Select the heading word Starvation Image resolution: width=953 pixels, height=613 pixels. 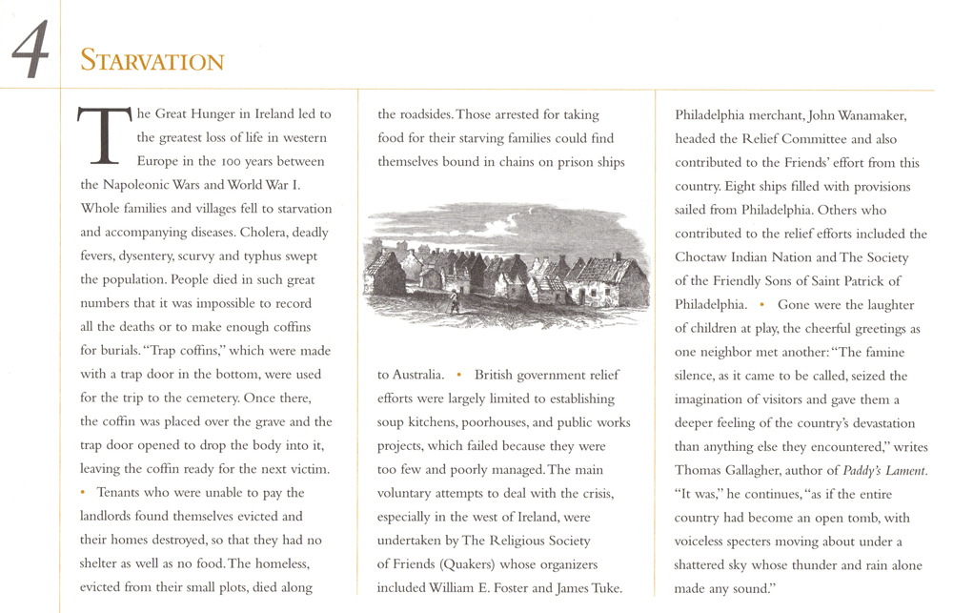point(152,62)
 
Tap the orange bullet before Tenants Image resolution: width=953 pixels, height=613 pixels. point(84,492)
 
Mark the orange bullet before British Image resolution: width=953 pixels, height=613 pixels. point(458,374)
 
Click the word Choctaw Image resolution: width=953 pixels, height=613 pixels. point(705,257)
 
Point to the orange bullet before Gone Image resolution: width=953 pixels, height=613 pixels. point(761,305)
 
